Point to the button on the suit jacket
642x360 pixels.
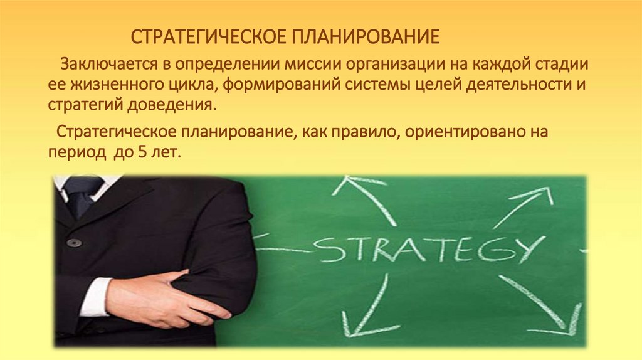point(75,242)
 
